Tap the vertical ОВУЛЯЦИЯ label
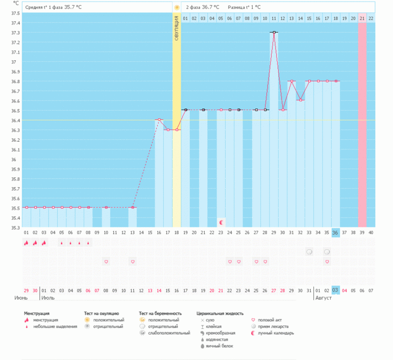click(177, 29)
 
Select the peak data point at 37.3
click(274, 32)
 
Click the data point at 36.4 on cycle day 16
click(159, 120)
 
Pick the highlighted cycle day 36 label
click(335, 233)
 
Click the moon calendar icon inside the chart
click(221, 222)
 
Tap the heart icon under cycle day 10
click(106, 262)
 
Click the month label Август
click(323, 297)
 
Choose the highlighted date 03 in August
click(335, 290)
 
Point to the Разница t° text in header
click(242, 7)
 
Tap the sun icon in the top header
click(177, 7)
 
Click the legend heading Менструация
click(37, 314)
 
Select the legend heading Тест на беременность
click(160, 314)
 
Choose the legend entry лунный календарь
click(276, 333)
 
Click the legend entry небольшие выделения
click(55, 326)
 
